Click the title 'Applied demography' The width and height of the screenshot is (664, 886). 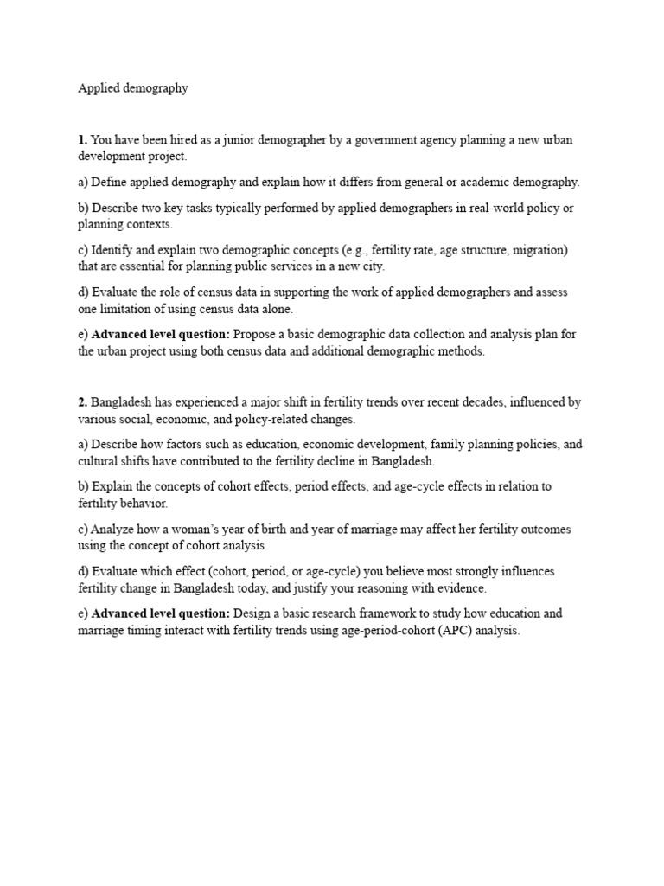[x=133, y=88]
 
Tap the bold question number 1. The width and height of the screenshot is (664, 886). [x=82, y=140]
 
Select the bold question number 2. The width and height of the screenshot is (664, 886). [x=82, y=402]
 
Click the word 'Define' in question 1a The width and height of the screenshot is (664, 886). [x=110, y=183]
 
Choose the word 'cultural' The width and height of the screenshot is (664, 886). [x=99, y=461]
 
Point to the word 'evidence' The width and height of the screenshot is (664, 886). [x=464, y=588]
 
